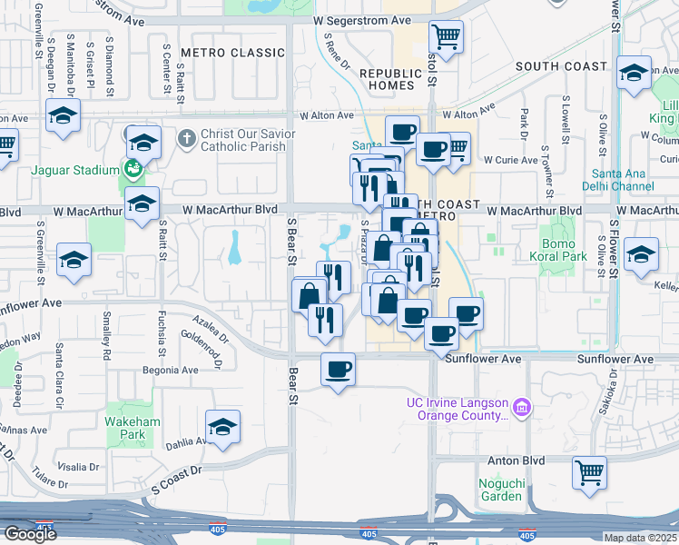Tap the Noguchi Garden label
coord(501,490)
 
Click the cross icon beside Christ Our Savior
coord(187,139)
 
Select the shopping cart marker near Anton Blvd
coord(589,471)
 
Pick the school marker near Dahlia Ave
coord(221,427)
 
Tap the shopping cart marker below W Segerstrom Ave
coord(446,37)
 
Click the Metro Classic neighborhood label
coord(233,53)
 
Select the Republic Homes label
coord(392,79)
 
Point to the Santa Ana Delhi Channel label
coord(622,180)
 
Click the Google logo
coord(30,534)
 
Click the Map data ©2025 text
coord(639,538)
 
